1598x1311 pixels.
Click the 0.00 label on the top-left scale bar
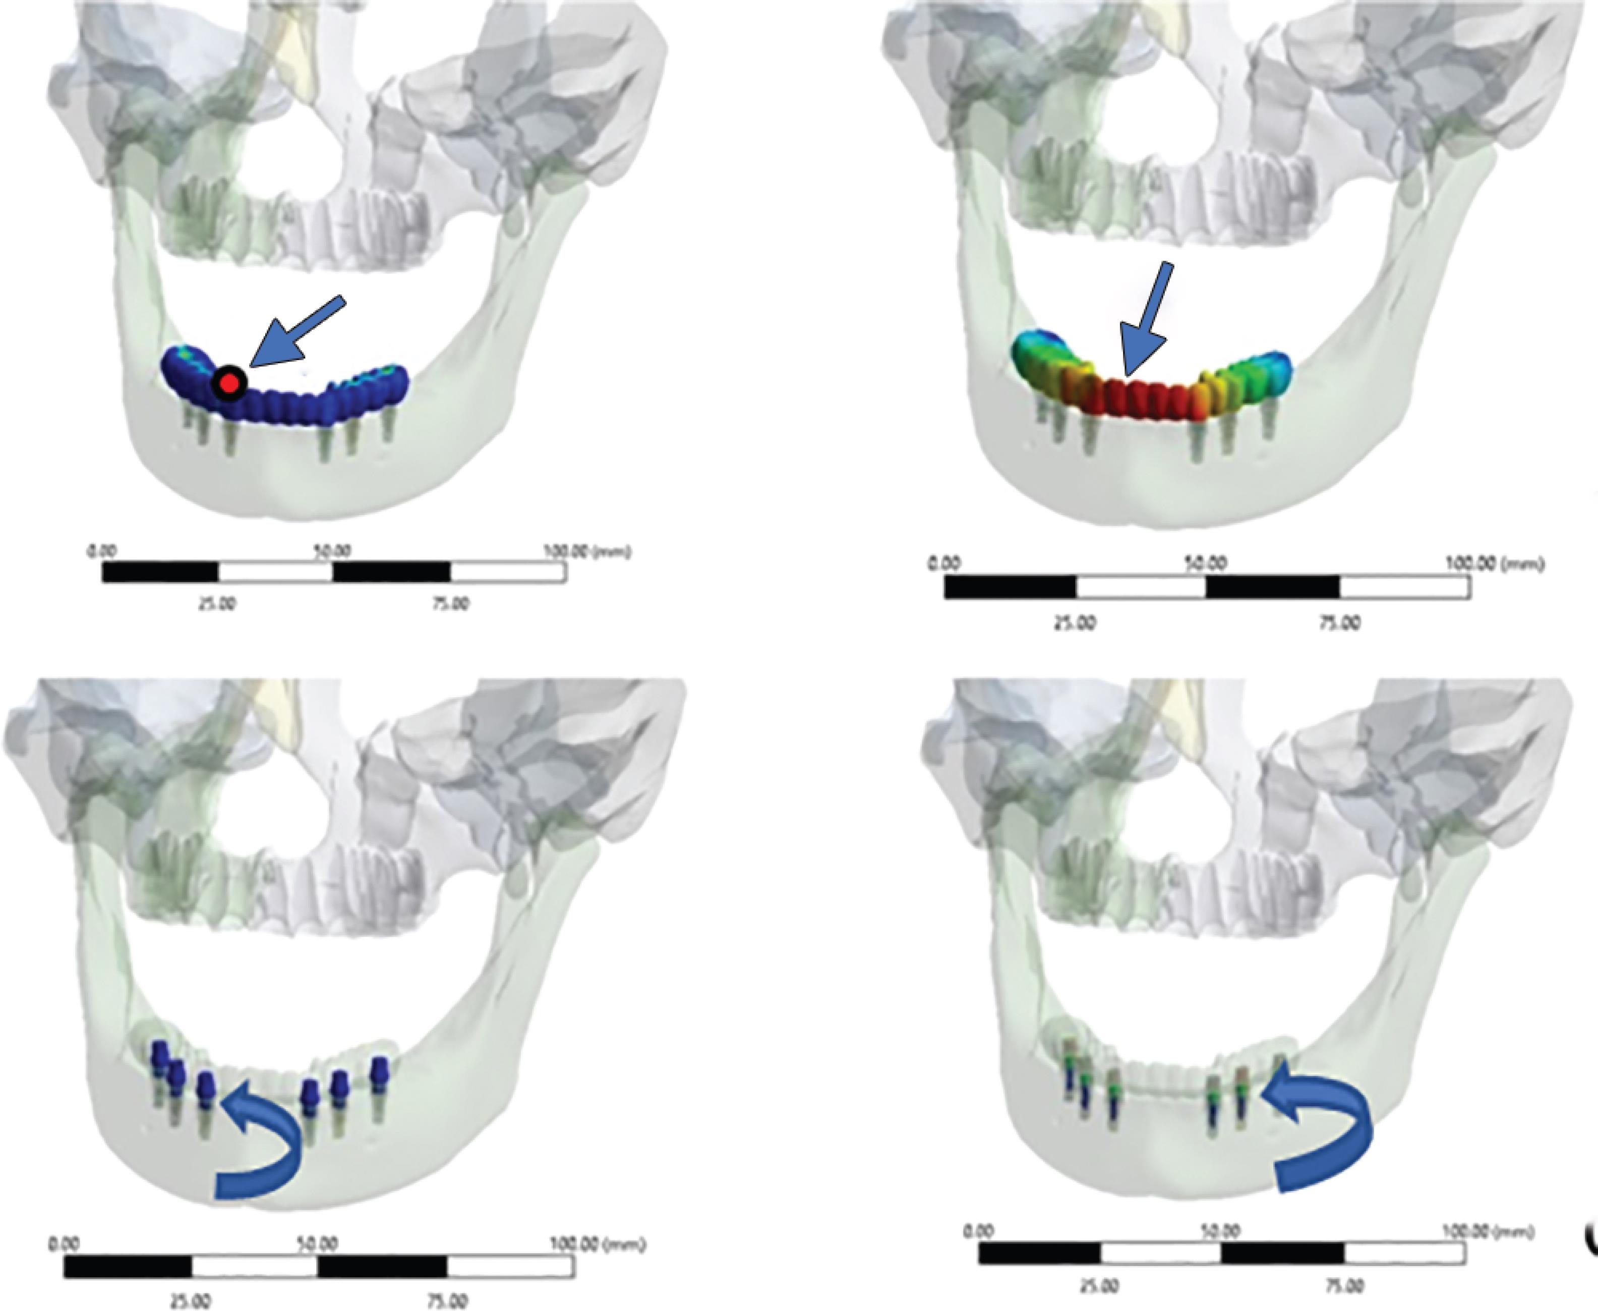(100, 551)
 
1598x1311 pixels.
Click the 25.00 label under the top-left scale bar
(217, 604)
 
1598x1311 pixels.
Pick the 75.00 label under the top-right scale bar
(1340, 622)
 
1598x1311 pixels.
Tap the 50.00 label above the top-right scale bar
(1206, 564)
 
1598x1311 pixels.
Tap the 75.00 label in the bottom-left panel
(447, 1300)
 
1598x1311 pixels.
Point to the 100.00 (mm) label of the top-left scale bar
(587, 552)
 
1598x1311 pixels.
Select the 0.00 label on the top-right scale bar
(943, 564)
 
